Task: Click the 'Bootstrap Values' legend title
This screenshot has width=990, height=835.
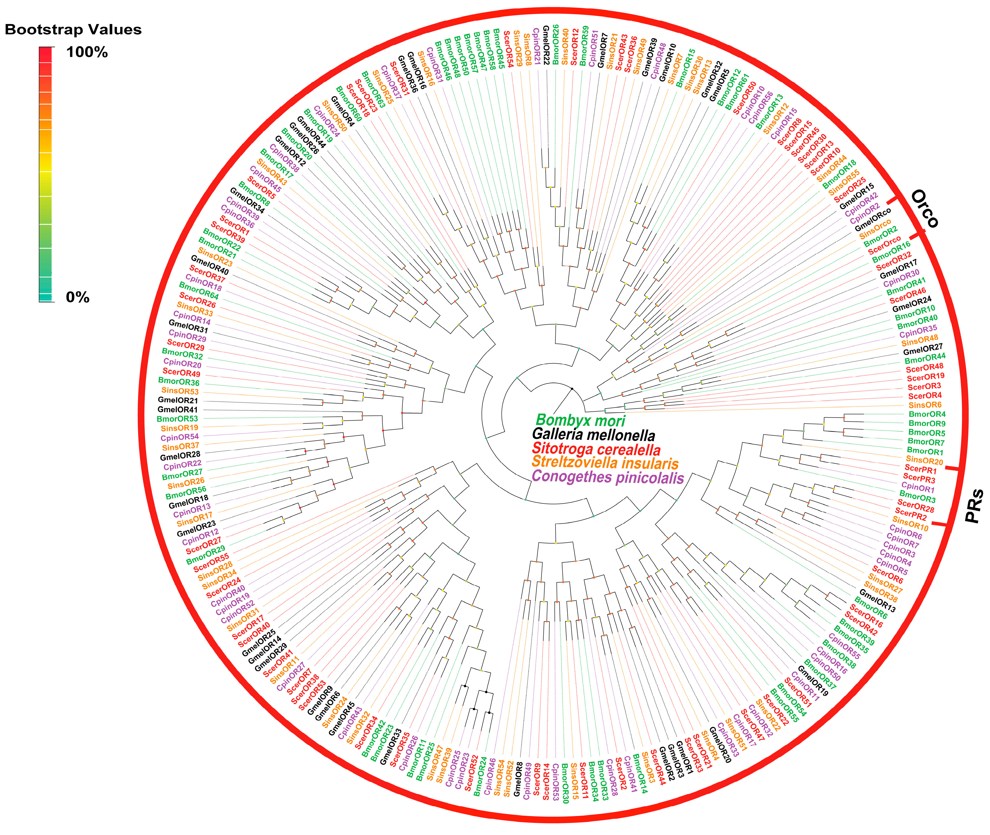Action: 74,29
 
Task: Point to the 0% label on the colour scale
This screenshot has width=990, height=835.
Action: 78,297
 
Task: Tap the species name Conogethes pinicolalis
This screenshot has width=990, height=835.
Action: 608,477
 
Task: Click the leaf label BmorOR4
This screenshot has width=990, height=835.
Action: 927,414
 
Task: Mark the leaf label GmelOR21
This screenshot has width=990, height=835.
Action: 178,400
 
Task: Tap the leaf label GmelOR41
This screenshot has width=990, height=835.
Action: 178,410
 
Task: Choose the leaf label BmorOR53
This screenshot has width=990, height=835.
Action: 177,419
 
